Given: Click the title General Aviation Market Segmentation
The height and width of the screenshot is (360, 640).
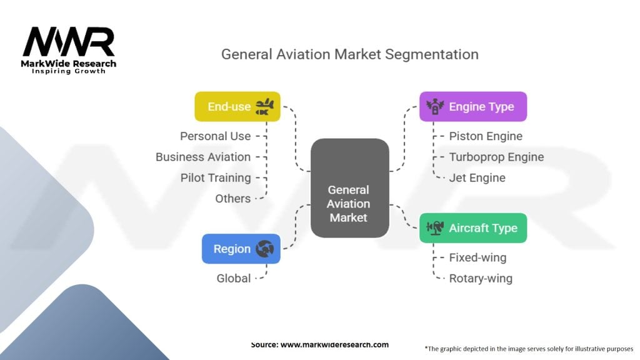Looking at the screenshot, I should (350, 54).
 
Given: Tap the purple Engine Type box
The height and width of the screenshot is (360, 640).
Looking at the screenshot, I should (472, 107).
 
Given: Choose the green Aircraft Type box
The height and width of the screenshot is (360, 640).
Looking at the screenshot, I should (472, 228).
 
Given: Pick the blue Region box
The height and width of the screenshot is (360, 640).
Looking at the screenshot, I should (241, 249).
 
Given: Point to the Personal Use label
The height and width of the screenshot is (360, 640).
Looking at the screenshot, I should (215, 136).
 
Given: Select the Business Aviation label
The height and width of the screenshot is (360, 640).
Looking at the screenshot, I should (203, 157).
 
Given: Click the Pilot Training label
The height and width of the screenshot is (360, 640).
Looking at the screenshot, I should (216, 177).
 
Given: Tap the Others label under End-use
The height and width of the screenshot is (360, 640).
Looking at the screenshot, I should (232, 199).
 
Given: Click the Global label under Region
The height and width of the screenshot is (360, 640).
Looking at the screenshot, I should (233, 278).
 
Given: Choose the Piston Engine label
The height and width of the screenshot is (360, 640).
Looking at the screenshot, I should (486, 136).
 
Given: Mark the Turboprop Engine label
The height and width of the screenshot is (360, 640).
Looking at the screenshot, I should (496, 157).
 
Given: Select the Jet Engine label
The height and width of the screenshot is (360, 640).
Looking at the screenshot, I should (477, 177).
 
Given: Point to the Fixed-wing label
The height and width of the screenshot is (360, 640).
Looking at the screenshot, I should (477, 257).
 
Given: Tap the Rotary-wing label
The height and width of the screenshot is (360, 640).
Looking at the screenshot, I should (481, 278).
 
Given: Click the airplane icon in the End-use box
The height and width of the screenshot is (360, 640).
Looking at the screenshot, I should (264, 107).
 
